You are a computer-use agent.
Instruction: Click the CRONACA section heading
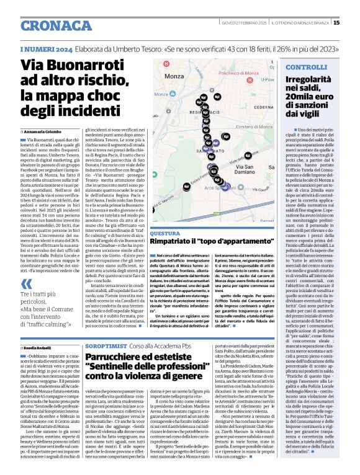[45, 23]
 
